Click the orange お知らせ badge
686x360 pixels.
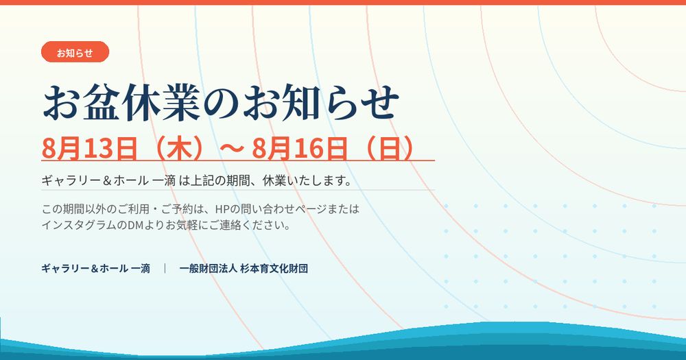pyautogui.click(x=75, y=52)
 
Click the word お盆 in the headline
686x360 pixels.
pyautogui.click(x=82, y=103)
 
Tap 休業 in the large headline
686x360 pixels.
pyautogui.click(x=161, y=103)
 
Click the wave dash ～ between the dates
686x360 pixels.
pyautogui.click(x=231, y=149)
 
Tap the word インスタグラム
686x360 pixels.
pyautogui.click(x=79, y=226)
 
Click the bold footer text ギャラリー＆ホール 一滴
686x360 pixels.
pyautogui.click(x=96, y=268)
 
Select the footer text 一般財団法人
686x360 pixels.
pyautogui.click(x=209, y=268)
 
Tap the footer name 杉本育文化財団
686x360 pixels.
pyautogui.click(x=274, y=268)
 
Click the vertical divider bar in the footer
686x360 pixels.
pyautogui.click(x=165, y=268)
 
